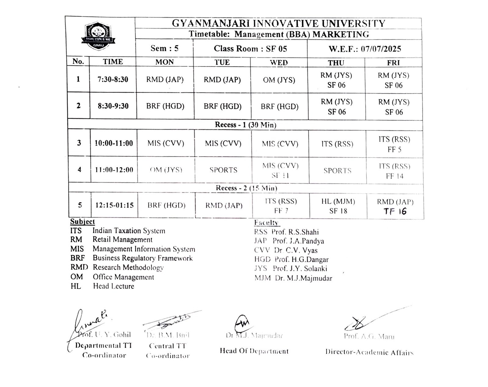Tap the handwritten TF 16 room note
(x=395, y=211)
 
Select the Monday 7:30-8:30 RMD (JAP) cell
(x=165, y=80)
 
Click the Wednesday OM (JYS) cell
(x=279, y=80)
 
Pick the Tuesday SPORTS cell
(x=223, y=170)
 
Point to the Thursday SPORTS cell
(x=337, y=171)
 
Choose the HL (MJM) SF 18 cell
(x=338, y=206)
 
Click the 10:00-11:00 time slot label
(x=114, y=143)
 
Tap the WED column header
(x=279, y=62)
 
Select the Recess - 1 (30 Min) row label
(x=246, y=125)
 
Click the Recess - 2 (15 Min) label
(x=246, y=188)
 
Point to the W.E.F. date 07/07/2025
(x=364, y=49)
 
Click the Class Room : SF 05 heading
(x=250, y=49)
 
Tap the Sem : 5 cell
(x=164, y=48)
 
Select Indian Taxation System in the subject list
(x=129, y=231)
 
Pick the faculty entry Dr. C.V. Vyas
(x=296, y=250)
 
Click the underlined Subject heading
(x=82, y=222)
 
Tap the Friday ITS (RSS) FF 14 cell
(x=394, y=171)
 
